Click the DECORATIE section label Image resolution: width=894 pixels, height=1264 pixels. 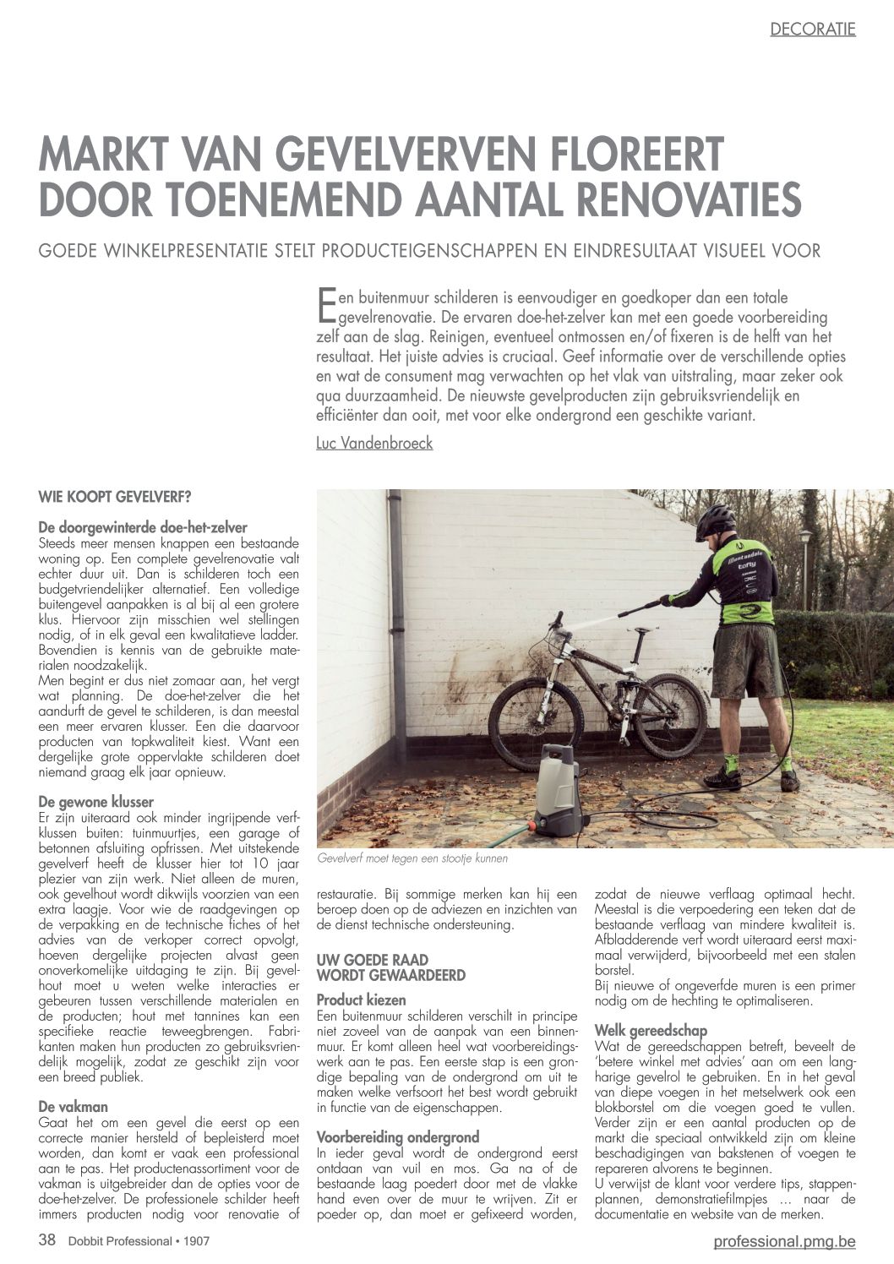812,30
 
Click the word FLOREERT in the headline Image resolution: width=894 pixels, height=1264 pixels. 628,154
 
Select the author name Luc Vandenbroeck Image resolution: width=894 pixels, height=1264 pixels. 374,443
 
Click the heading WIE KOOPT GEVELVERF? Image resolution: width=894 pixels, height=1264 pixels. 114,497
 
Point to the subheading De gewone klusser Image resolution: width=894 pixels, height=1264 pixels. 96,801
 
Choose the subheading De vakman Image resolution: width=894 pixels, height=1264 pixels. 74,1106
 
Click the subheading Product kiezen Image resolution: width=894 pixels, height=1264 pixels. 361,1000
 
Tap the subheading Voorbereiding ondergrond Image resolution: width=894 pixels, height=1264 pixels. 397,1136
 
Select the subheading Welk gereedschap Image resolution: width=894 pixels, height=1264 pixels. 651,1030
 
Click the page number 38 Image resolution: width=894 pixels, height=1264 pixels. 47,1240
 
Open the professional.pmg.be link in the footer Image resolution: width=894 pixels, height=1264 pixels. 784,1241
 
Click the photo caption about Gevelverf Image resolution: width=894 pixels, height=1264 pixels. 412,858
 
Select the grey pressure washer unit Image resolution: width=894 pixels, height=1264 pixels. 561,790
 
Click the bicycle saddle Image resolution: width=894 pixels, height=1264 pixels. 644,630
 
